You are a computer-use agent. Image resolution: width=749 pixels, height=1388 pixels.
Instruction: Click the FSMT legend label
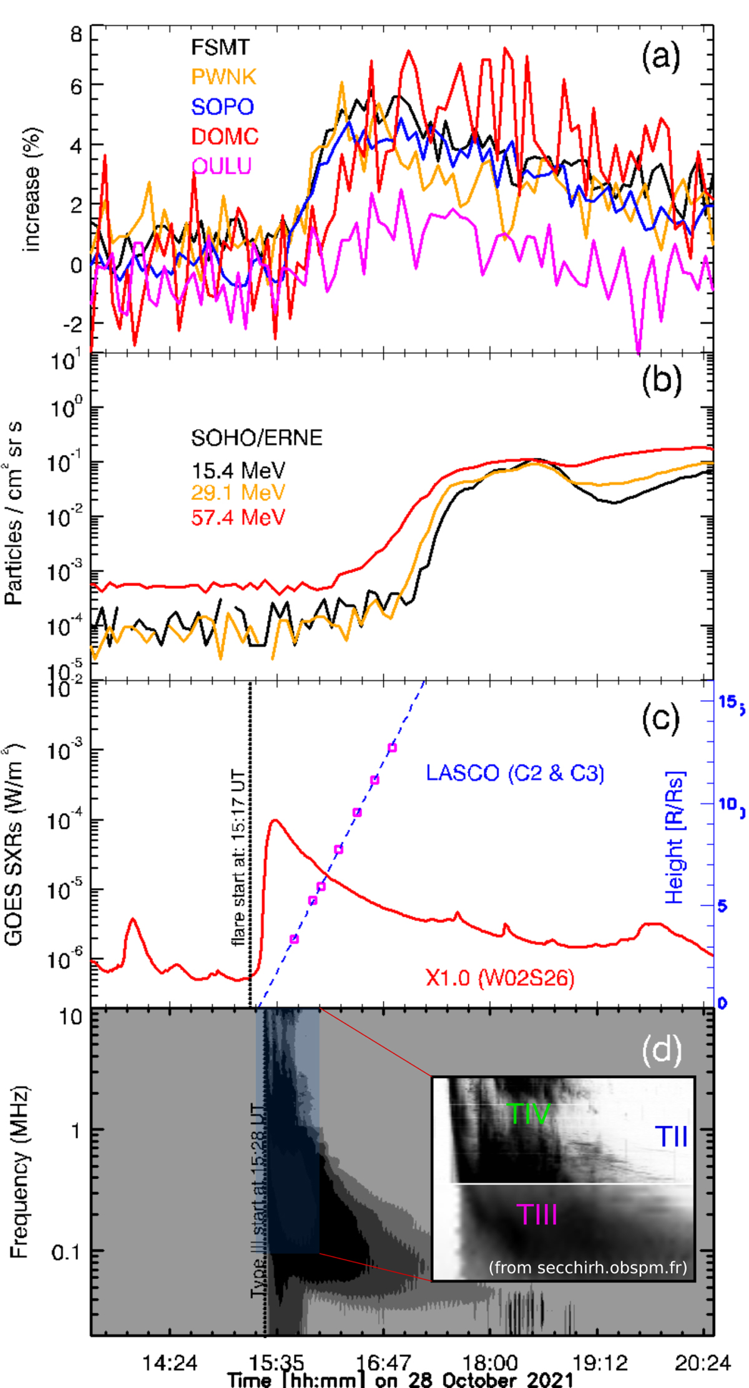(220, 47)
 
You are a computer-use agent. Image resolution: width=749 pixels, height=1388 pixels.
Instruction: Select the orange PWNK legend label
(223, 77)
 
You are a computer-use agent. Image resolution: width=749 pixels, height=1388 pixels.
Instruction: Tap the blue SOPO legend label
(222, 107)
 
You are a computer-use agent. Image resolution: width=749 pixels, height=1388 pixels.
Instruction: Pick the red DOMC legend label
(225, 136)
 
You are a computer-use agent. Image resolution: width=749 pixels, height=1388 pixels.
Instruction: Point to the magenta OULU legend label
(222, 165)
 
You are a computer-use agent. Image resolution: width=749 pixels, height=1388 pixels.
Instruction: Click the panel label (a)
(660, 57)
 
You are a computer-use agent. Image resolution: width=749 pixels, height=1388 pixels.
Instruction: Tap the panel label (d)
(661, 1050)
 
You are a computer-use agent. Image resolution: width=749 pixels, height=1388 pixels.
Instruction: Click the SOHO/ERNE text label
(257, 437)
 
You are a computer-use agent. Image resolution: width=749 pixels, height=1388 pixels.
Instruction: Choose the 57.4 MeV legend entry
(238, 517)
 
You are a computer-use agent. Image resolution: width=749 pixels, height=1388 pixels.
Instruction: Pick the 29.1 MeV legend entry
(238, 493)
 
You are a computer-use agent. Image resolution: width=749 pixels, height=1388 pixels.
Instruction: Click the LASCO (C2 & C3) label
(515, 773)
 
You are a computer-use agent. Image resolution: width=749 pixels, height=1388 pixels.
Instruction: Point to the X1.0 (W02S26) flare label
(500, 977)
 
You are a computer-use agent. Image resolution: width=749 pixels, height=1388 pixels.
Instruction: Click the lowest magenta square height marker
(294, 939)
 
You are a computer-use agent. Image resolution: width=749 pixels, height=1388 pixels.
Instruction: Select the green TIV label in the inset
(529, 1114)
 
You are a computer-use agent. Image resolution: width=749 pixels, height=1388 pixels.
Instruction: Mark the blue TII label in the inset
(671, 1136)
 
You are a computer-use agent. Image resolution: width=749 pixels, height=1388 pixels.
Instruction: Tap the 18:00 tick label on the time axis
(489, 1362)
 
